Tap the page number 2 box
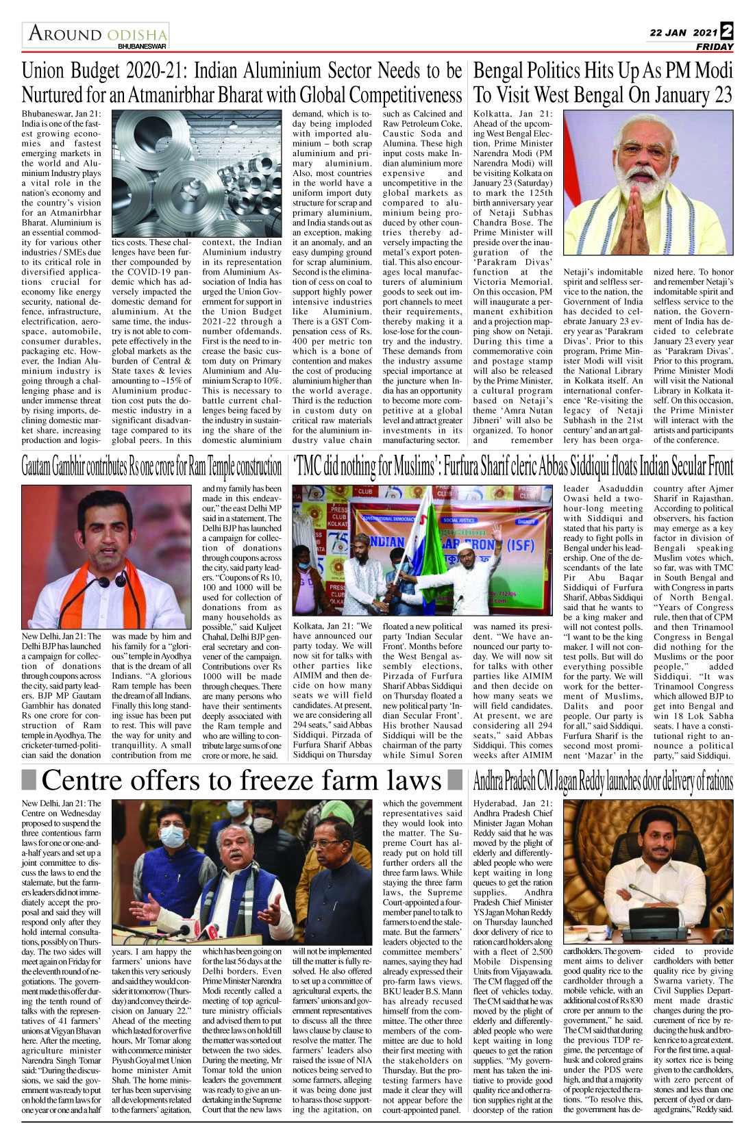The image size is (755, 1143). (726, 32)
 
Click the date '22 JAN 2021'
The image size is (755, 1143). (683, 32)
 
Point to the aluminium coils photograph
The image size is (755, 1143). (197, 172)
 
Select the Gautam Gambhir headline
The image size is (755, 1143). (151, 467)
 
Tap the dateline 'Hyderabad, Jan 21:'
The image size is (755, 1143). (512, 804)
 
